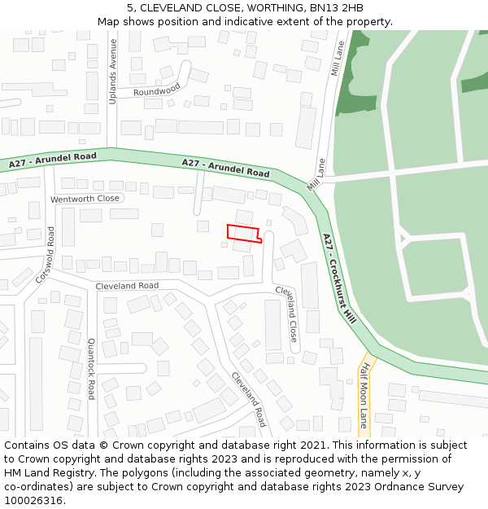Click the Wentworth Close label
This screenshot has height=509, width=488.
click(85, 199)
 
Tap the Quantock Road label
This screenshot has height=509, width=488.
click(91, 369)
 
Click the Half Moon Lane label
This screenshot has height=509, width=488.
click(364, 396)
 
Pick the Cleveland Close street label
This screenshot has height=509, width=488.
click(286, 313)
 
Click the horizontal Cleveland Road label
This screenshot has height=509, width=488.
click(127, 286)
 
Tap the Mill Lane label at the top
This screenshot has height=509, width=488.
click(338, 58)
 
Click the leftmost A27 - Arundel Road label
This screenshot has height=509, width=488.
click(53, 160)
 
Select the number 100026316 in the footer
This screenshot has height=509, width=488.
click(33, 500)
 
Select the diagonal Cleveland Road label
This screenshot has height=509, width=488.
click(248, 400)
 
